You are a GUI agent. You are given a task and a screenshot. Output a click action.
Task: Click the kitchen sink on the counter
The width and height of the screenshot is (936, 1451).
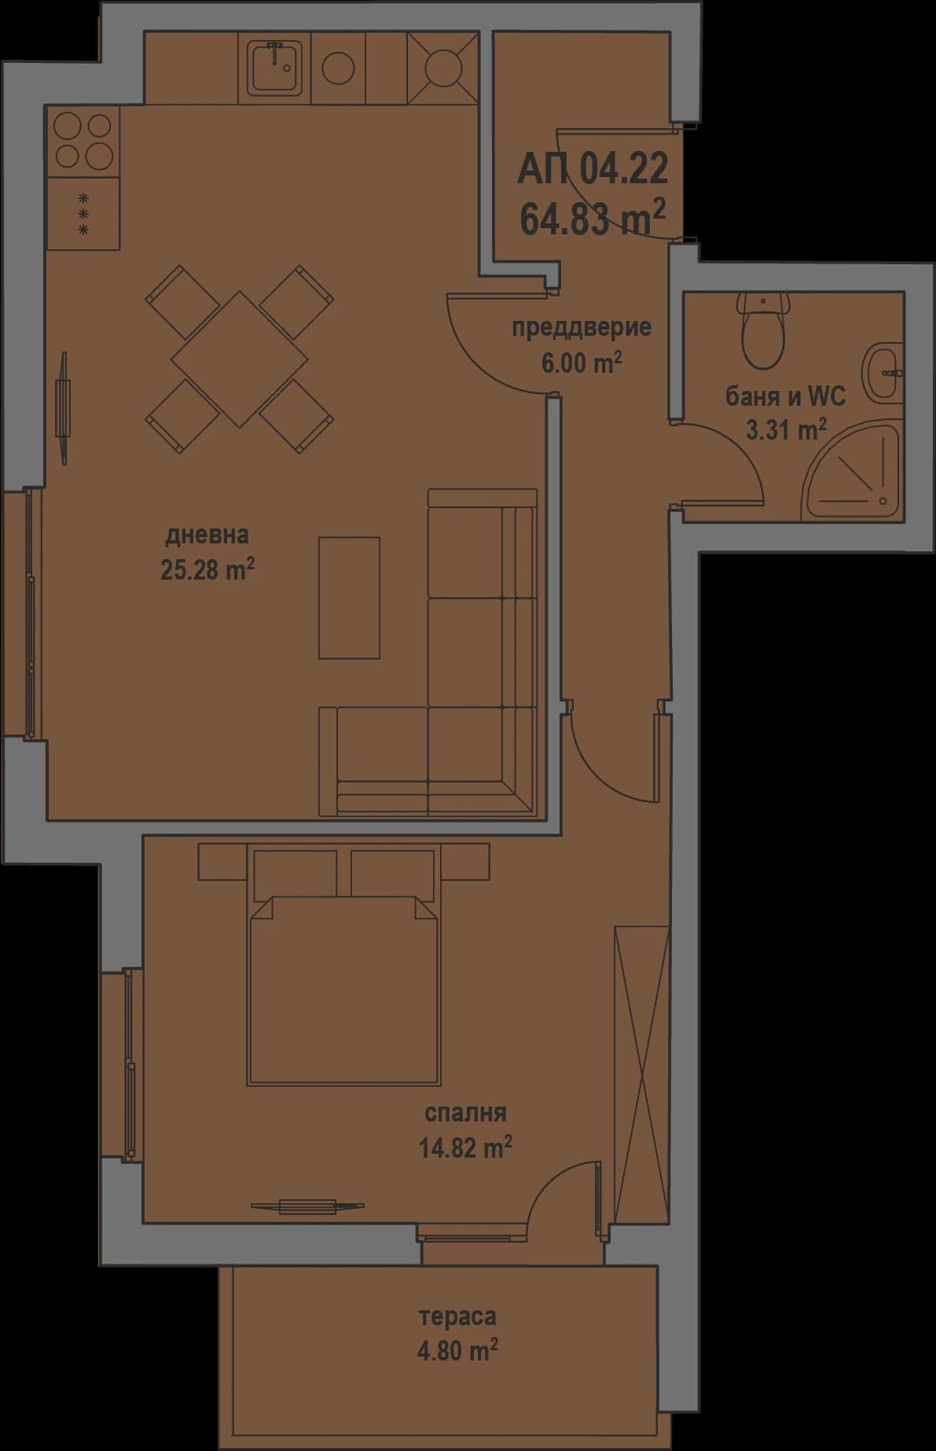pyautogui.click(x=273, y=68)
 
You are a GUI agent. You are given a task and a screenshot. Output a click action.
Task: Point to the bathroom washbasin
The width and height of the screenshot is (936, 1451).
pyautogui.click(x=883, y=373)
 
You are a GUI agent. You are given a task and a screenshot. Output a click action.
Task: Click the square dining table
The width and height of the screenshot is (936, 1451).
pyautogui.click(x=240, y=359)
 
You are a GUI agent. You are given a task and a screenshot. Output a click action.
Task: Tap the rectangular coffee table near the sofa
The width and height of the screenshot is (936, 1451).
pyautogui.click(x=349, y=598)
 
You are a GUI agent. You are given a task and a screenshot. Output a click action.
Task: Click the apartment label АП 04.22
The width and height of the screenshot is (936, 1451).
pyautogui.click(x=592, y=169)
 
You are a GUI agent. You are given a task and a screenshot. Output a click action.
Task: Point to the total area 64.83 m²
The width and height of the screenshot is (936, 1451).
pyautogui.click(x=592, y=218)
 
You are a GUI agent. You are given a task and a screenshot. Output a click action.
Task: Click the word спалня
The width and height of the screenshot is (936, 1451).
pyautogui.click(x=465, y=1114)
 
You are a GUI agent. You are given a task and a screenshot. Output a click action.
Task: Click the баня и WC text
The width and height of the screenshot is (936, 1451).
pyautogui.click(x=784, y=396)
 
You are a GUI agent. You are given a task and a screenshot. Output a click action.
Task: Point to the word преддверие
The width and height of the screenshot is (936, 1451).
pyautogui.click(x=581, y=327)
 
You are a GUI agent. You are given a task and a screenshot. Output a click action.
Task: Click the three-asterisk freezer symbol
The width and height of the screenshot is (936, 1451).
pyautogui.click(x=83, y=215)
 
